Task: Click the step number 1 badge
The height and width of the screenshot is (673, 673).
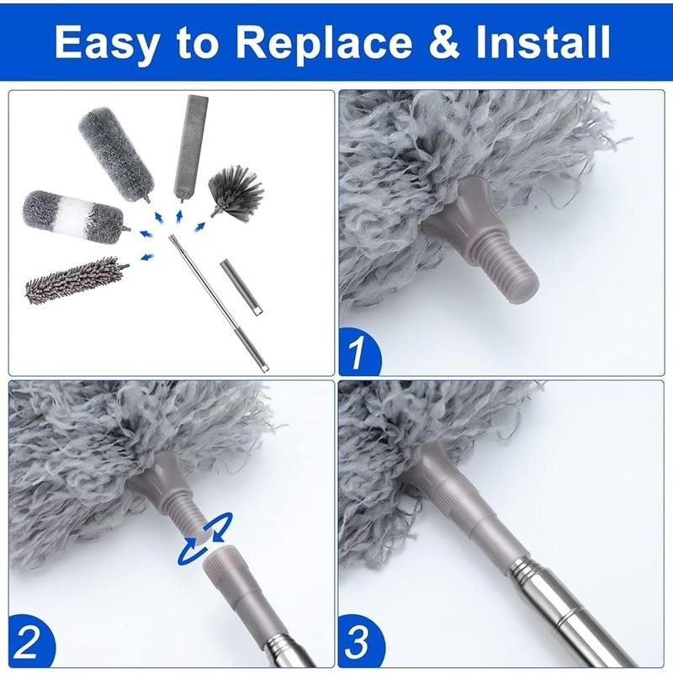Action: pyautogui.click(x=359, y=354)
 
